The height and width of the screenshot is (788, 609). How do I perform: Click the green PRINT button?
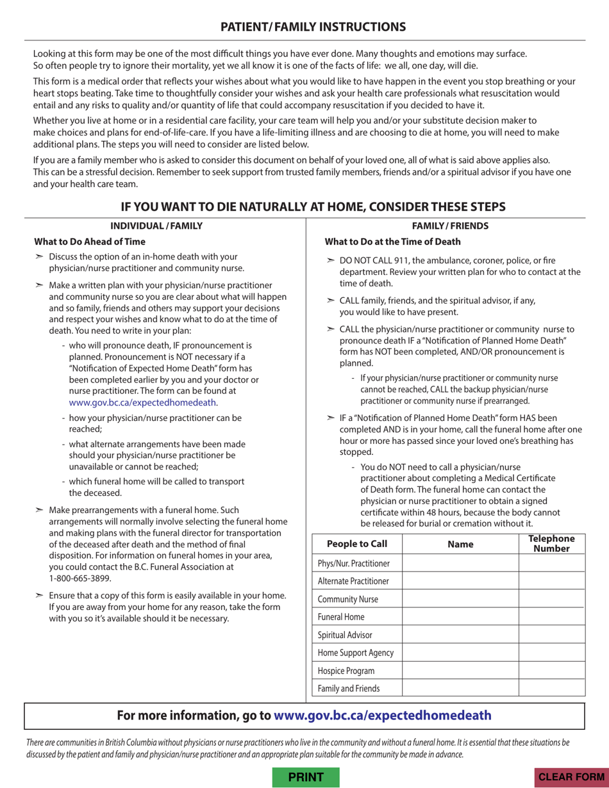pos(306,777)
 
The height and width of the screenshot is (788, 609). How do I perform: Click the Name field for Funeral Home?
pos(460,617)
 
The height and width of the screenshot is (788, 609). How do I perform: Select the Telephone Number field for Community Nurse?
pos(551,599)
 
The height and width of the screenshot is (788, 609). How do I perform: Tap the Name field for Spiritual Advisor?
pos(460,635)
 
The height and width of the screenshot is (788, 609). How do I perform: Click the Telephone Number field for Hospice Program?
pos(551,671)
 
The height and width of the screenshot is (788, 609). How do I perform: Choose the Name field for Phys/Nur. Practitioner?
pos(460,563)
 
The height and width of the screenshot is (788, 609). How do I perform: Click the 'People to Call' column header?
pos(357,544)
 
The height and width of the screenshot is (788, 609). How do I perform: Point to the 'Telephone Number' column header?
pos(551,544)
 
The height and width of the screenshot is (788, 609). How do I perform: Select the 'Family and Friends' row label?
pos(349,689)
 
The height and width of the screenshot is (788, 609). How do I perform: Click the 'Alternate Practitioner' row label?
pos(353,581)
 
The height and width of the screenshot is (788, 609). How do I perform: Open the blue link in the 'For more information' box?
pos(383,716)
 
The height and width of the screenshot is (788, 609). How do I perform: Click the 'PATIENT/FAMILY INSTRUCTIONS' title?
pos(313,26)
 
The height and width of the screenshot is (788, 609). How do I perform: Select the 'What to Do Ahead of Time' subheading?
pos(90,242)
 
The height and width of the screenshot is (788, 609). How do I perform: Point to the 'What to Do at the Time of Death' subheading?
pos(392,242)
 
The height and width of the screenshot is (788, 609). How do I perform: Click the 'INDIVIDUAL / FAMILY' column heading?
pos(156,226)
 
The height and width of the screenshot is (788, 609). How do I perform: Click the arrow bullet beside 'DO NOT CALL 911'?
pos(330,261)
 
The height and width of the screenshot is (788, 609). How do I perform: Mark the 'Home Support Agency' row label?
pos(356,653)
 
